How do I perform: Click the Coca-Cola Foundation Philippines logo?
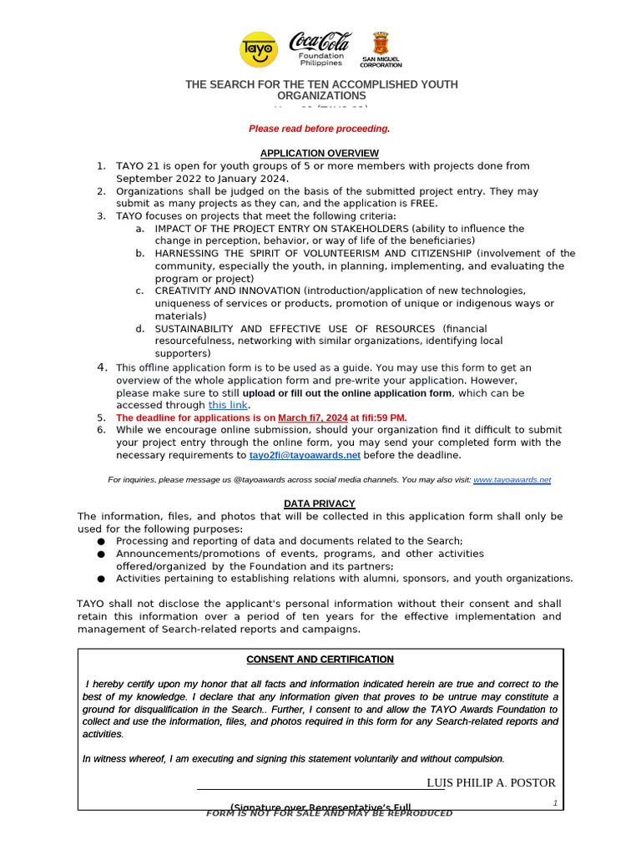(320, 49)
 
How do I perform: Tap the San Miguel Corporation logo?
(381, 50)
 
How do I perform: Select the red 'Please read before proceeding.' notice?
(319, 129)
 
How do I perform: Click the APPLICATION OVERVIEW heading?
(320, 154)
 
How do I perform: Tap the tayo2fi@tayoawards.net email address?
(305, 455)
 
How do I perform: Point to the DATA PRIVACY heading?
(320, 503)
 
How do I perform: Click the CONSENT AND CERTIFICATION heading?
(320, 660)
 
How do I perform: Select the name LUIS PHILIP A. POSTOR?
(491, 782)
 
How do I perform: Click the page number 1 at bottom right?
(555, 802)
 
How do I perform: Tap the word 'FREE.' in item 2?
(423, 203)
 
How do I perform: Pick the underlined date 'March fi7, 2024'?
(313, 417)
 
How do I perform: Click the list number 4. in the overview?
(102, 367)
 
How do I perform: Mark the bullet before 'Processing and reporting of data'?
(101, 542)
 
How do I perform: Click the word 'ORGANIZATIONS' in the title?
(321, 96)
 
